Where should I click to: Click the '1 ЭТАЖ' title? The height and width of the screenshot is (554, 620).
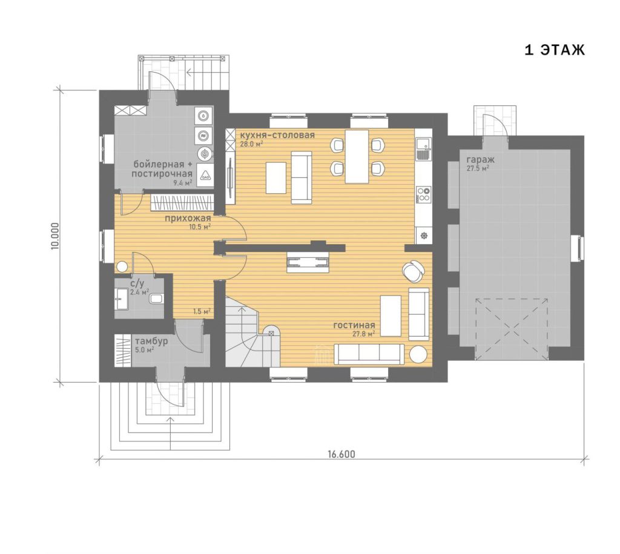pyautogui.click(x=555, y=50)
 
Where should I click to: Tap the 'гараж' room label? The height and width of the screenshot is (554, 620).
pyautogui.click(x=480, y=160)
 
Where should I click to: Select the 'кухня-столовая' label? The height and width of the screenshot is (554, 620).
pyautogui.click(x=277, y=135)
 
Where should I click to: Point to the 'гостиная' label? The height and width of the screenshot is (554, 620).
pyautogui.click(x=354, y=325)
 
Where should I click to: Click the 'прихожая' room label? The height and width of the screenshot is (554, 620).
pyautogui.click(x=188, y=218)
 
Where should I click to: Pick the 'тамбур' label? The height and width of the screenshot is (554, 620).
pyautogui.click(x=151, y=341)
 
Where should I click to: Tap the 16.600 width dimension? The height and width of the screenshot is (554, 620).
pyautogui.click(x=341, y=454)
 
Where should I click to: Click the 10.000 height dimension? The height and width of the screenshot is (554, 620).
pyautogui.click(x=54, y=236)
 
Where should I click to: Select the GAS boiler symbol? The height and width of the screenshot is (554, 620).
pyautogui.click(x=205, y=176)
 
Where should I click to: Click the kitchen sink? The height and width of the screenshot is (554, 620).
pyautogui.click(x=423, y=148)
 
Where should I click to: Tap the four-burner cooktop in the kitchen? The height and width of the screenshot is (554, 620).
pyautogui.click(x=423, y=195)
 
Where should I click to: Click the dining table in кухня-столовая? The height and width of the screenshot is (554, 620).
pyautogui.click(x=357, y=157)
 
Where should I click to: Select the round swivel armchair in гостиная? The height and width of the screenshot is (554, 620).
pyautogui.click(x=413, y=271)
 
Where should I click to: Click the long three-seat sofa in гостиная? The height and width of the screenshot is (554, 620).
pyautogui.click(x=369, y=354)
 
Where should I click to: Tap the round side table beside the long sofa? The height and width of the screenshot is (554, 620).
pyautogui.click(x=418, y=354)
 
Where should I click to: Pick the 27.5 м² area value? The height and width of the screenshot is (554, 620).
pyautogui.click(x=478, y=168)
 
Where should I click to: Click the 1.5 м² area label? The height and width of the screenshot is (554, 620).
pyautogui.click(x=202, y=311)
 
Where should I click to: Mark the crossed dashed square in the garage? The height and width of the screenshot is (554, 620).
pyautogui.click(x=512, y=329)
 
